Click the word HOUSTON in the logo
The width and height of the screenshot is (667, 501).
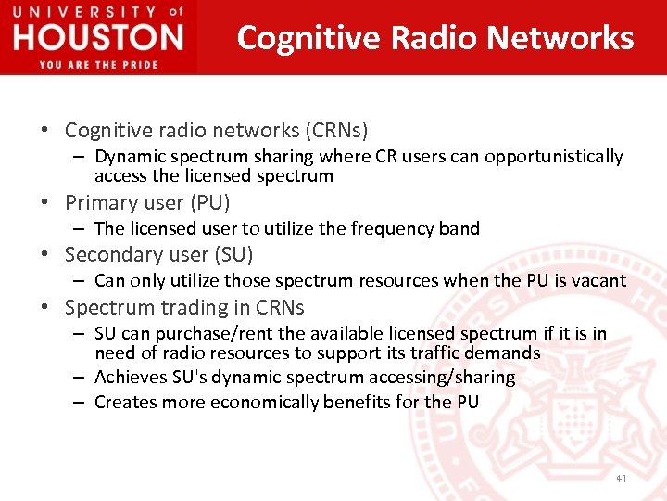pos(98,39)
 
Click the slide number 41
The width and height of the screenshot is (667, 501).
pos(621,479)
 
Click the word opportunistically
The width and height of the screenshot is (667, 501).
pos(557,157)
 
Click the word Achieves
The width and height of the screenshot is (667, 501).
pos(131,377)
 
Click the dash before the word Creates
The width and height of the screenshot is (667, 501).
pos(81,402)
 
